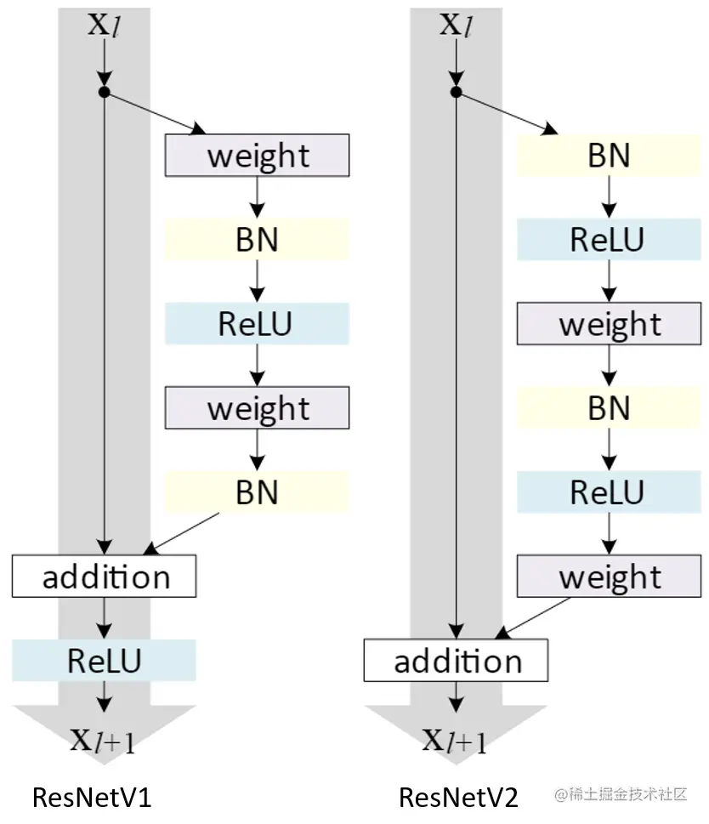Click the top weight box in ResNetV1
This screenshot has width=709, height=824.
(257, 156)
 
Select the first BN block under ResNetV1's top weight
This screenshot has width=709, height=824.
(257, 240)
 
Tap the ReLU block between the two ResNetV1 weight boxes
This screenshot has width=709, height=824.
(257, 324)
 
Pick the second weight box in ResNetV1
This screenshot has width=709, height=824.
(257, 408)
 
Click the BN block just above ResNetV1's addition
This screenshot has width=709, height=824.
(257, 492)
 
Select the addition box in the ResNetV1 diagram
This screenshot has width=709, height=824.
(105, 577)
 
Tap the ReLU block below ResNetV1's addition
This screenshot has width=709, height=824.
(105, 661)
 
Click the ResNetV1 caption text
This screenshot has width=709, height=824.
(91, 798)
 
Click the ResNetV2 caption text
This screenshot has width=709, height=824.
(458, 798)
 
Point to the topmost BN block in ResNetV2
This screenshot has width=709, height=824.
(609, 156)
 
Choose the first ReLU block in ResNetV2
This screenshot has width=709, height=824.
(609, 240)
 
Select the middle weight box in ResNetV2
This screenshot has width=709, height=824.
(609, 324)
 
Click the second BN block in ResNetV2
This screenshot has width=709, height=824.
(609, 408)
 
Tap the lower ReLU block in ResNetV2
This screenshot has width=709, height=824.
(609, 492)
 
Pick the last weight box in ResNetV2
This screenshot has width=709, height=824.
(609, 577)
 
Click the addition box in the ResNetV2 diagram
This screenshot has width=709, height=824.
(457, 661)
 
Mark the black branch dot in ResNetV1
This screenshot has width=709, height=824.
(105, 92)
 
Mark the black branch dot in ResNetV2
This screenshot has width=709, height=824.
(457, 92)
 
